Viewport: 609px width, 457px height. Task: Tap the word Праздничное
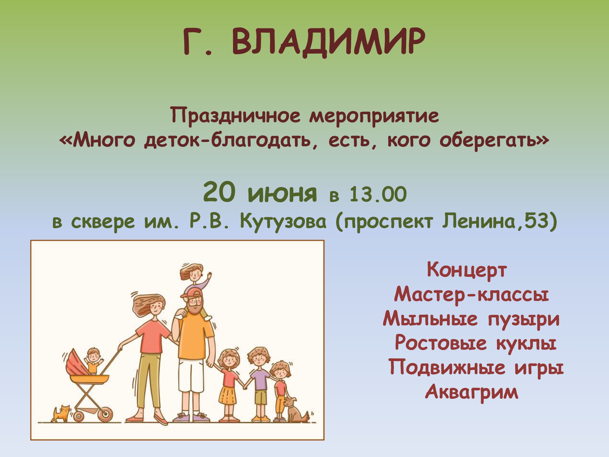(235, 116)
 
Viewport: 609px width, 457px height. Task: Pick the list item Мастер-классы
(471, 295)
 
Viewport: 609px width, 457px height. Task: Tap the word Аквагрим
(471, 392)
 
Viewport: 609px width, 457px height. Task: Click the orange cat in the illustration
(62, 414)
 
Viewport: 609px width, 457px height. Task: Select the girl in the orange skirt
(228, 385)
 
